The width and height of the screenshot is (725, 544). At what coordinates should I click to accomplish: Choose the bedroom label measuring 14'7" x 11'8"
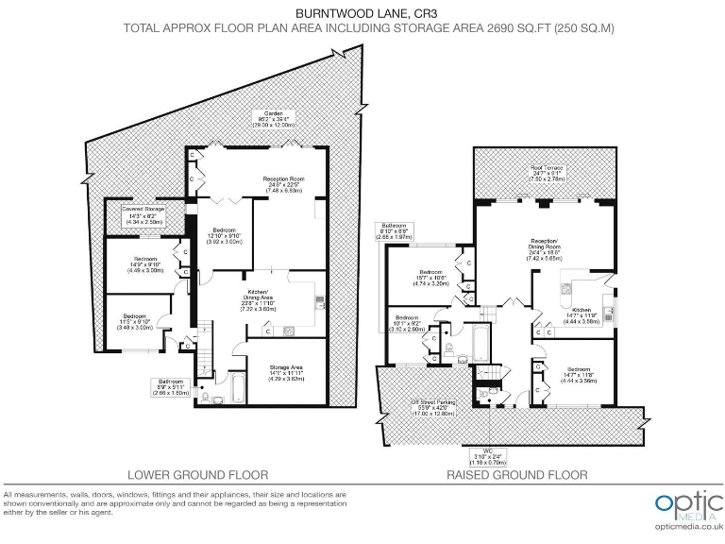[580, 374]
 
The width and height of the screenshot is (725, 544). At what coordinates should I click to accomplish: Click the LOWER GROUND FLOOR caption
[198, 475]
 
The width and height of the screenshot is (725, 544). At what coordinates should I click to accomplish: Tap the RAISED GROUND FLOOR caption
[516, 475]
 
